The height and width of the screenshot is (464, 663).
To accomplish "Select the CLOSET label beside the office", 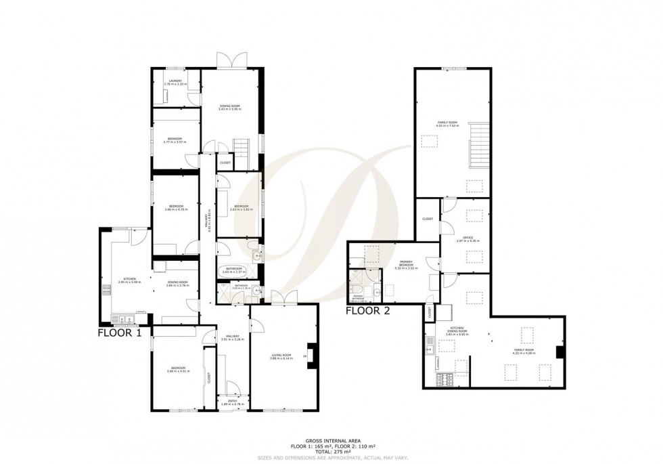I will (427, 219).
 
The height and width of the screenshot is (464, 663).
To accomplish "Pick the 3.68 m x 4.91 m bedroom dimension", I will (179, 371).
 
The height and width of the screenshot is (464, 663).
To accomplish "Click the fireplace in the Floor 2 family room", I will (559, 352).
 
